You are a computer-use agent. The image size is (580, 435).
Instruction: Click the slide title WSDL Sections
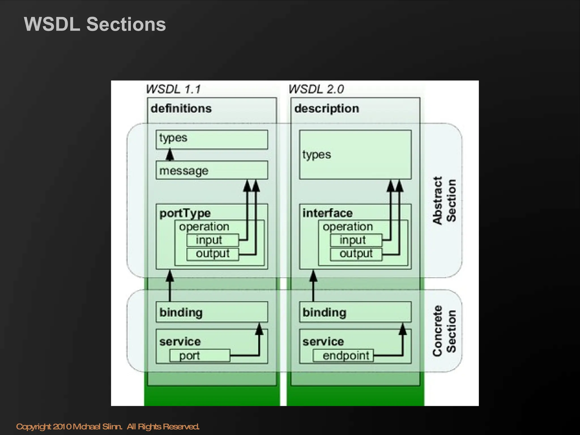point(95,24)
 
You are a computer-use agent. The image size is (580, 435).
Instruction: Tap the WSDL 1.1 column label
point(173,89)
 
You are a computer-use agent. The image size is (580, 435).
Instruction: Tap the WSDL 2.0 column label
point(316,89)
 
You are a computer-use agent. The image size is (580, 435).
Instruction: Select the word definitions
point(181,108)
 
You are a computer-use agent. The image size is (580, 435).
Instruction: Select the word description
point(327,108)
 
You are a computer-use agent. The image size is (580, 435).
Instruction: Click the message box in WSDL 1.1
point(212,170)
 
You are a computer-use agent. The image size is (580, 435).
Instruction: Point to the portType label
point(185,213)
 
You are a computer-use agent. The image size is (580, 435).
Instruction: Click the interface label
point(327,213)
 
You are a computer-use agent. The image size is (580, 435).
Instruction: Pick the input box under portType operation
point(212,240)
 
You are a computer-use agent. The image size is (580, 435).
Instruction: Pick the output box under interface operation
point(356,254)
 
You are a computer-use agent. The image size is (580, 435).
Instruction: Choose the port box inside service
point(200,355)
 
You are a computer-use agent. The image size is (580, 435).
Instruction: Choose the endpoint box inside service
point(343,355)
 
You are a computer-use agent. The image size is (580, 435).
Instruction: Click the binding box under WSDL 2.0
point(355,312)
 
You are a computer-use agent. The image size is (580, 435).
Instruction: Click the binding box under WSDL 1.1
point(212,312)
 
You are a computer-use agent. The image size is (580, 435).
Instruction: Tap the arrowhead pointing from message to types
point(170,154)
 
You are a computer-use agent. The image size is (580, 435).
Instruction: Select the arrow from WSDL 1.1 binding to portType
point(170,286)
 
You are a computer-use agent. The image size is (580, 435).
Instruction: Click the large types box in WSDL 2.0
point(355,155)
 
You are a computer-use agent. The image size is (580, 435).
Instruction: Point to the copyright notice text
point(108,427)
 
